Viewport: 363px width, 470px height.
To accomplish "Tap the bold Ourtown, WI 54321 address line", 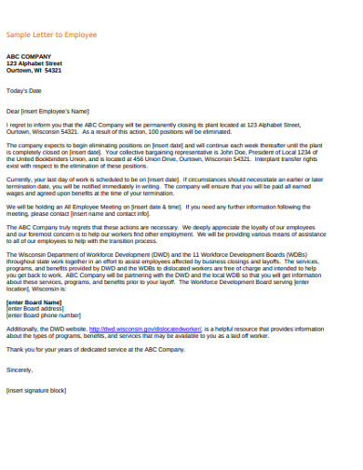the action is click(x=34, y=70).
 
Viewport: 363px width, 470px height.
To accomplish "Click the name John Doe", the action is click(x=251, y=152).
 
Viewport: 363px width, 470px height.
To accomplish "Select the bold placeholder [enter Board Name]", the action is click(x=34, y=302).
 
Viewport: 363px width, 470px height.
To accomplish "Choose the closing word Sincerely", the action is click(x=20, y=369).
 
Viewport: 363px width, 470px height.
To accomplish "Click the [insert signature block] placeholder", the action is click(x=36, y=390).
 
